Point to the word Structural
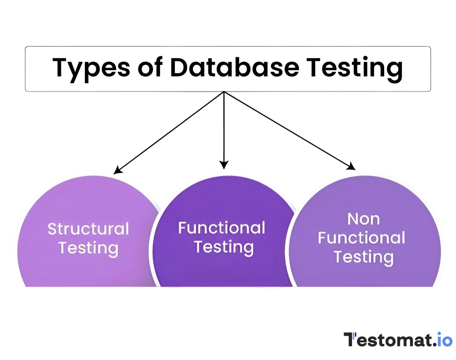point(88,229)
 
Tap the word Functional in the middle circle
point(222,228)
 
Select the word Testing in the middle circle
point(223,247)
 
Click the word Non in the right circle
point(363,218)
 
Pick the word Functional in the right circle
point(362,238)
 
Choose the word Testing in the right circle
point(363,257)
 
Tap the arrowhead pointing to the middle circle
point(224,165)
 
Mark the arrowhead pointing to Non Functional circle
point(352,167)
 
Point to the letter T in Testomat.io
point(350,340)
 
